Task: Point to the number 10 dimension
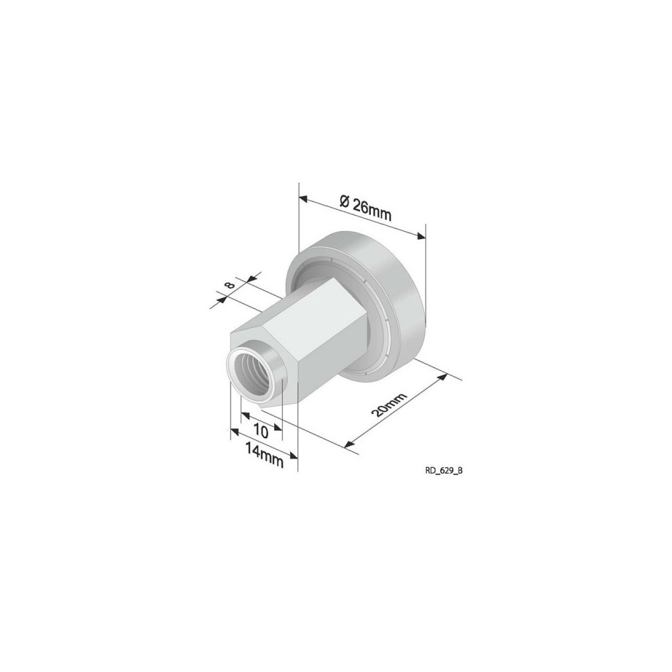[261, 429]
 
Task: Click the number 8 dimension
[230, 285]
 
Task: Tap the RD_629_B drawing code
[444, 471]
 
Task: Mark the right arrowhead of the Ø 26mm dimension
[421, 235]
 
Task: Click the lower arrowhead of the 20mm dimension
[348, 444]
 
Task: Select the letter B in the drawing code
[460, 471]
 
